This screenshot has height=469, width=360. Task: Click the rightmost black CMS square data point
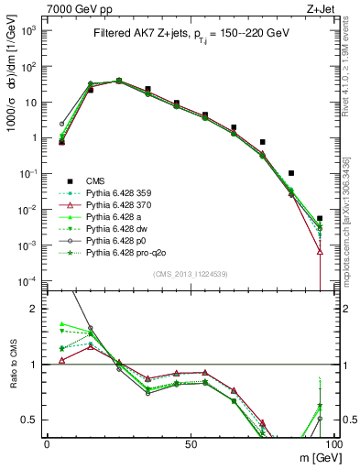click(320, 218)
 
